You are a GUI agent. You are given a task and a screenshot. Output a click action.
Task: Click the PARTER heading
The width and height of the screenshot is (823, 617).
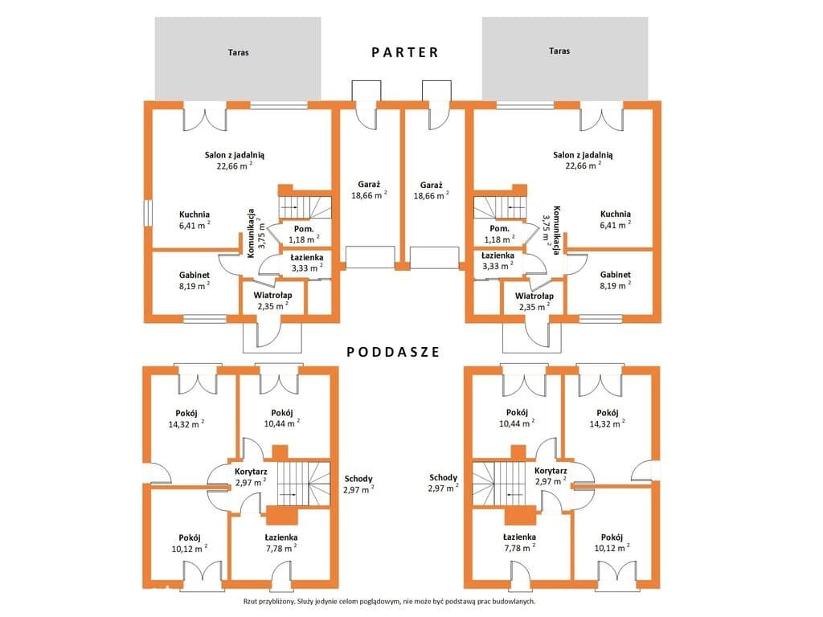pyautogui.click(x=405, y=52)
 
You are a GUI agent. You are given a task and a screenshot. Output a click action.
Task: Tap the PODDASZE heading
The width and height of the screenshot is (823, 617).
pyautogui.click(x=393, y=352)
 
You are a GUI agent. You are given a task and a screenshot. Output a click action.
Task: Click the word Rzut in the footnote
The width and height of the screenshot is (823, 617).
pyautogui.click(x=251, y=602)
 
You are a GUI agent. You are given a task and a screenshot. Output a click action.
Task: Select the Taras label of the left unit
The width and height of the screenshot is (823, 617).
pyautogui.click(x=238, y=52)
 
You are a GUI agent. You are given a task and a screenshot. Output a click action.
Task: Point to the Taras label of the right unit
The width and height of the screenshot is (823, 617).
pyautogui.click(x=559, y=51)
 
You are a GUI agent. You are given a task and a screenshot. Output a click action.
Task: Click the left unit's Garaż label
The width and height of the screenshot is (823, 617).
pyautogui.click(x=369, y=185)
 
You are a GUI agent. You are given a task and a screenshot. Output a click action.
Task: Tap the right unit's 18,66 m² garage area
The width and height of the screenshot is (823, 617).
pyautogui.click(x=431, y=196)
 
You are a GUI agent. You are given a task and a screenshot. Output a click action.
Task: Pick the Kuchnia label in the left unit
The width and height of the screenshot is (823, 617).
pyautogui.click(x=194, y=214)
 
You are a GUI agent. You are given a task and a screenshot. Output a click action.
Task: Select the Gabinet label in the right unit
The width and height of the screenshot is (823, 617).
pyautogui.click(x=616, y=275)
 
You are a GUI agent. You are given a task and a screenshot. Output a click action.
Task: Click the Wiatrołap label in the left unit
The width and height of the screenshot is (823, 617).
pyautogui.click(x=272, y=296)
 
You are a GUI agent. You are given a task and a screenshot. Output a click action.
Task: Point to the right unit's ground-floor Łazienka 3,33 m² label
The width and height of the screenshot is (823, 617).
pyautogui.click(x=497, y=261)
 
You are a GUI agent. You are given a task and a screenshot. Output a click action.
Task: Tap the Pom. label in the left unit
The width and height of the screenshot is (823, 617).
pyautogui.click(x=304, y=229)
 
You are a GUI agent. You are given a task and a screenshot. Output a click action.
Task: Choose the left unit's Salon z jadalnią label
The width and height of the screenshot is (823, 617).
pyautogui.click(x=235, y=155)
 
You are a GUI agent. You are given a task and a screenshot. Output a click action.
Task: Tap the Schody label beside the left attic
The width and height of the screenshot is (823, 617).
pyautogui.click(x=358, y=479)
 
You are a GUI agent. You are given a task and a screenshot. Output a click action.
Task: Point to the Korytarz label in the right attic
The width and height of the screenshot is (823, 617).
pyautogui.click(x=551, y=471)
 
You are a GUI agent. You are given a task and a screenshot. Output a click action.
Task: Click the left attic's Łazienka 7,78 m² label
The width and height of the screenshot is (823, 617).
pyautogui.click(x=280, y=543)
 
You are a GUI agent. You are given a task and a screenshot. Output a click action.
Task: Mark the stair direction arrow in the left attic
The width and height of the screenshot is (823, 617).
pyautogui.click(x=288, y=494)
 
